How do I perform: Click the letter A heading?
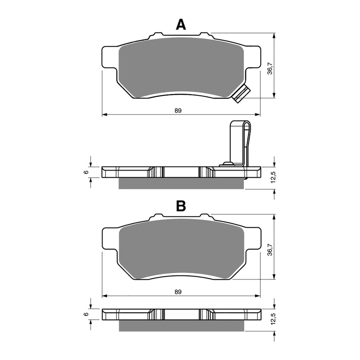coord(180,25)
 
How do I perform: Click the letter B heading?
coord(180,206)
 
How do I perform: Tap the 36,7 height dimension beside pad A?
coord(270,67)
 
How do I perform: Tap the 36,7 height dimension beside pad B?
coord(270,248)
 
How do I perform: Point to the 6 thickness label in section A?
coord(85,172)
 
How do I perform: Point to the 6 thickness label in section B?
coord(85,314)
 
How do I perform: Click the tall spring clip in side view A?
coord(239,142)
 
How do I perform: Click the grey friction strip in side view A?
coord(180,183)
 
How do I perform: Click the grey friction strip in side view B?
coord(180,326)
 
